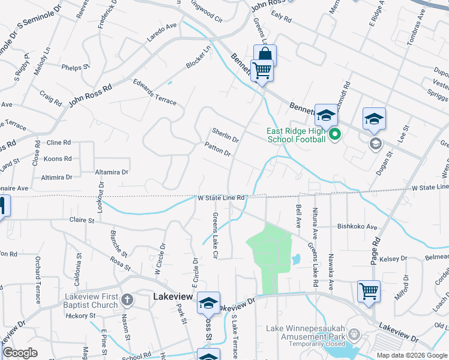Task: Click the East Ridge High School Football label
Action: pos(297,135)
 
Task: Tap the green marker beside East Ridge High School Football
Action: pos(335,134)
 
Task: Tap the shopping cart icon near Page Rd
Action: pos(369,291)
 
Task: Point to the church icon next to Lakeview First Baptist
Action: pos(127,299)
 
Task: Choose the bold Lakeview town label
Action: pos(172,296)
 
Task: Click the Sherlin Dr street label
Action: pos(225,135)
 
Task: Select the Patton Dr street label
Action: pos(217,149)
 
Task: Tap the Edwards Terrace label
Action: pos(155,92)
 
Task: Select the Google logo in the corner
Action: pos(20,353)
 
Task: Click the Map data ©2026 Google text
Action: pos(412,355)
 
